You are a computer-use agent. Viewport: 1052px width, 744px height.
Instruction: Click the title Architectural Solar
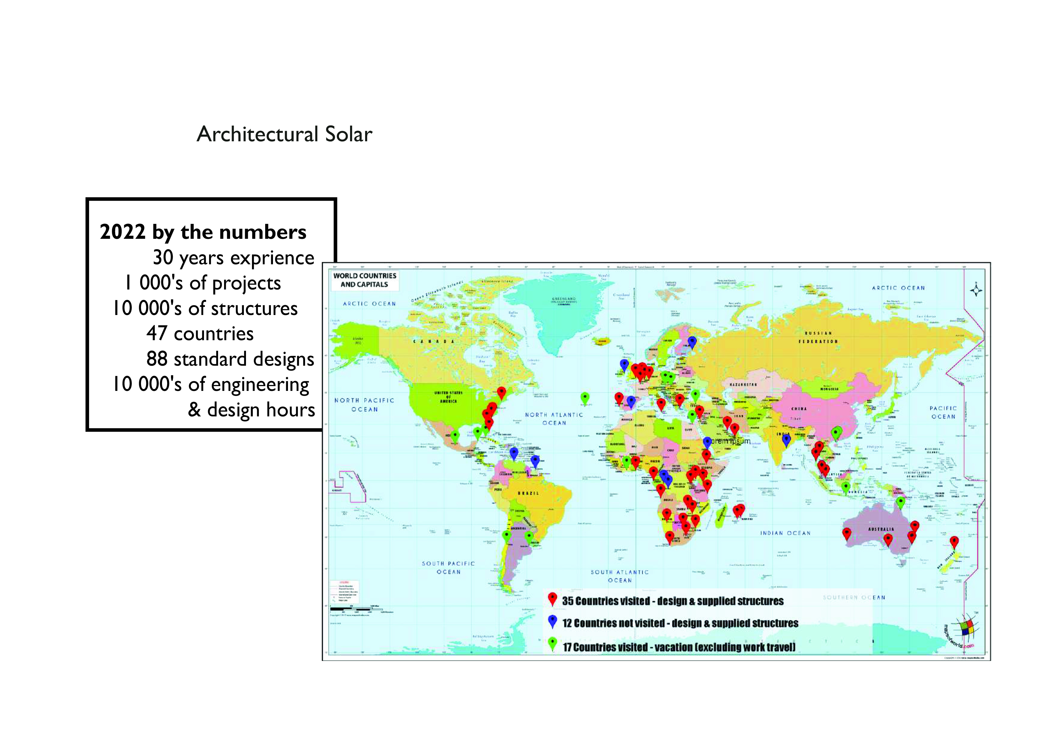point(284,134)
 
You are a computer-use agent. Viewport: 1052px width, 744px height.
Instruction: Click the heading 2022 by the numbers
point(203,232)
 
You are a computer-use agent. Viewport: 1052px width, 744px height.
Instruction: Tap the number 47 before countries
point(157,333)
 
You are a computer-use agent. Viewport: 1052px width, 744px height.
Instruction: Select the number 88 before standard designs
point(157,359)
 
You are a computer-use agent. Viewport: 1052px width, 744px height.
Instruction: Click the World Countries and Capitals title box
point(365,280)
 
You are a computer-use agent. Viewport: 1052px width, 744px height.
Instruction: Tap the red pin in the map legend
point(553,599)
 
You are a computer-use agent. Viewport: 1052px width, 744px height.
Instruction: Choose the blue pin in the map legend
point(553,622)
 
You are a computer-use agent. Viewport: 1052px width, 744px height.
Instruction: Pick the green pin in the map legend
point(553,645)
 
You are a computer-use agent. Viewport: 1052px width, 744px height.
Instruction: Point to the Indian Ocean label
point(785,533)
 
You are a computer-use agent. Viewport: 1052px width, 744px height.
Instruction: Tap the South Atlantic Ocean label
point(619,576)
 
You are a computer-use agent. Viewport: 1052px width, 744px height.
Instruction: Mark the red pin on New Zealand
point(954,542)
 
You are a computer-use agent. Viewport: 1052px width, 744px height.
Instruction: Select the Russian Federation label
point(818,337)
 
